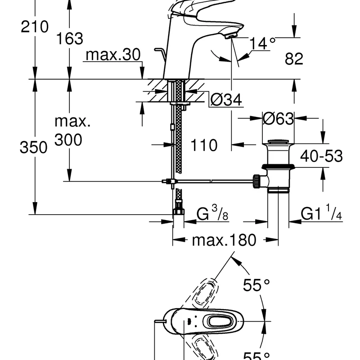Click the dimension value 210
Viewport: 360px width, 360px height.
pos(35,27)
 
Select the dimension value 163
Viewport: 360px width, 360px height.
pos(70,39)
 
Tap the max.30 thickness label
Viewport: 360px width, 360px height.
pos(113,55)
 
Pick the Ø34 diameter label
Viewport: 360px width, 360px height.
pos(225,99)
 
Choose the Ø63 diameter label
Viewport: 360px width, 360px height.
pos(278,119)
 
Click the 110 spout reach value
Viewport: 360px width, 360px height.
pos(204,145)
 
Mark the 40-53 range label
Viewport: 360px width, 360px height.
pos(321,156)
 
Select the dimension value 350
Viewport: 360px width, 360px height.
pos(33,147)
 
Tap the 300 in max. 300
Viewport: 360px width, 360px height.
pos(68,140)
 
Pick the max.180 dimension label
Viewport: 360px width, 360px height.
pos(224,240)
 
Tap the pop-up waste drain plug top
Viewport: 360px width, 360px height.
pos(279,143)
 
